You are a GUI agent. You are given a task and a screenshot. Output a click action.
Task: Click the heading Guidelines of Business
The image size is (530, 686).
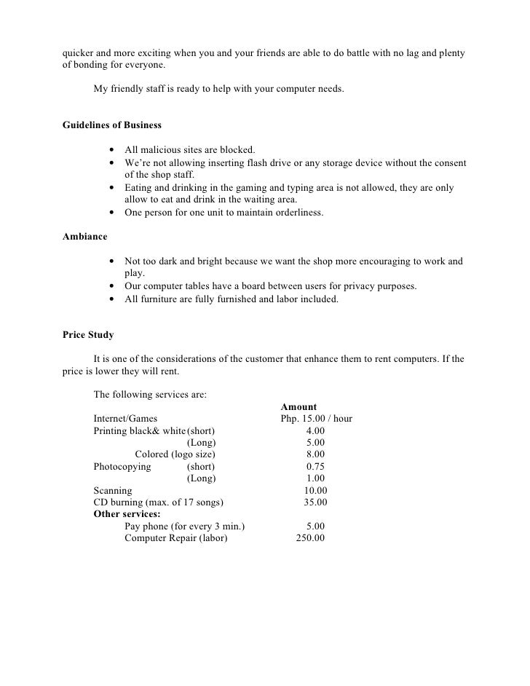click(112, 125)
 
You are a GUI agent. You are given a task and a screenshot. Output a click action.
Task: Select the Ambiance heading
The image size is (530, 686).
click(86, 237)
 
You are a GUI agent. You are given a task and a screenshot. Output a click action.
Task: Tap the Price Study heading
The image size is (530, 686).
click(88, 336)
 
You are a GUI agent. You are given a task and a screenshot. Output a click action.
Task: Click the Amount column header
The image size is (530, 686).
click(298, 407)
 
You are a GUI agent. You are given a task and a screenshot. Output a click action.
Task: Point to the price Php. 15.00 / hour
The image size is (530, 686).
click(317, 419)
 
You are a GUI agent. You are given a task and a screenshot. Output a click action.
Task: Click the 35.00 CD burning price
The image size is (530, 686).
click(315, 502)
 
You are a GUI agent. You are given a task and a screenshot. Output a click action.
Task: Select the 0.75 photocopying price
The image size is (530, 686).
click(315, 466)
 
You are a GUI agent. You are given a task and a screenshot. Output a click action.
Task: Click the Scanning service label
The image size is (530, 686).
click(113, 491)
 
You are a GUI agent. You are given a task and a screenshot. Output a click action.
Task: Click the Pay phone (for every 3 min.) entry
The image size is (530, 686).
click(184, 527)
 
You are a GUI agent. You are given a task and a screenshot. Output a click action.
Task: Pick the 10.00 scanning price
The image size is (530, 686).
click(315, 491)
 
